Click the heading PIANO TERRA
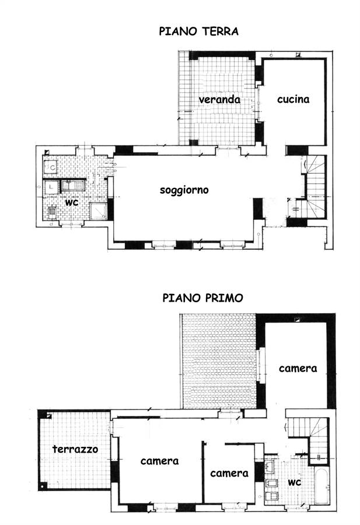[x=198, y=32]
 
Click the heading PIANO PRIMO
[x=202, y=297]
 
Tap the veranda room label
[x=219, y=99]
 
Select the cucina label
[x=293, y=99]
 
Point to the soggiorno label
[x=184, y=190]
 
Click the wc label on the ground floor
[x=72, y=202]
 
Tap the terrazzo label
[x=75, y=449]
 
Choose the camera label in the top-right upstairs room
[x=298, y=368]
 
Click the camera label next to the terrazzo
[x=159, y=461]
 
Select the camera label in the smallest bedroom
[x=229, y=473]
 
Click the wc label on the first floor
[x=295, y=482]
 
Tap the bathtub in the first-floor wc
[x=322, y=486]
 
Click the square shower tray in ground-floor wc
[x=99, y=211]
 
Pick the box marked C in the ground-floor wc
[x=51, y=166]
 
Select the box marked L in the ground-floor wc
[x=51, y=187]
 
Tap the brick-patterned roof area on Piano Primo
[x=219, y=361]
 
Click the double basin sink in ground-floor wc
[x=73, y=185]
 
